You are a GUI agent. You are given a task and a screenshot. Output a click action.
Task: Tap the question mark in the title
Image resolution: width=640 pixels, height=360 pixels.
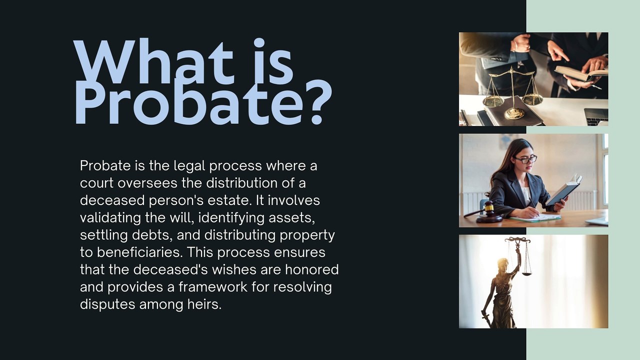pyautogui.click(x=317, y=101)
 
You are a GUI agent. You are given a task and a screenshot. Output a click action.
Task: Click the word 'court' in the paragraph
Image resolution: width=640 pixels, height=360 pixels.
pyautogui.click(x=96, y=183)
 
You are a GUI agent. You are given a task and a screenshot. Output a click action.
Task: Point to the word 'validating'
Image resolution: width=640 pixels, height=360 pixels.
pyautogui.click(x=110, y=218)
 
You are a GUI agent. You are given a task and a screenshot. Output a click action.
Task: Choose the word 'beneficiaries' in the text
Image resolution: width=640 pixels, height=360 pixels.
pyautogui.click(x=139, y=252)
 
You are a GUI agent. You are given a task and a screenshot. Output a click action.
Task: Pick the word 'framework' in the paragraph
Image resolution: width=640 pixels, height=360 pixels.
pyautogui.click(x=213, y=287)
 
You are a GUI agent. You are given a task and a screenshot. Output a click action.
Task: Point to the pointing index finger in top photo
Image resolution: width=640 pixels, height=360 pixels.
pyautogui.click(x=561, y=54)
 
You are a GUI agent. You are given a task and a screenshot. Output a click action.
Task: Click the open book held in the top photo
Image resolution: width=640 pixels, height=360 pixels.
pyautogui.click(x=580, y=72)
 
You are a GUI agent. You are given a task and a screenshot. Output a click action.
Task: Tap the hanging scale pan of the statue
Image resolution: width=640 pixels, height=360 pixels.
pyautogui.click(x=527, y=274)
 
